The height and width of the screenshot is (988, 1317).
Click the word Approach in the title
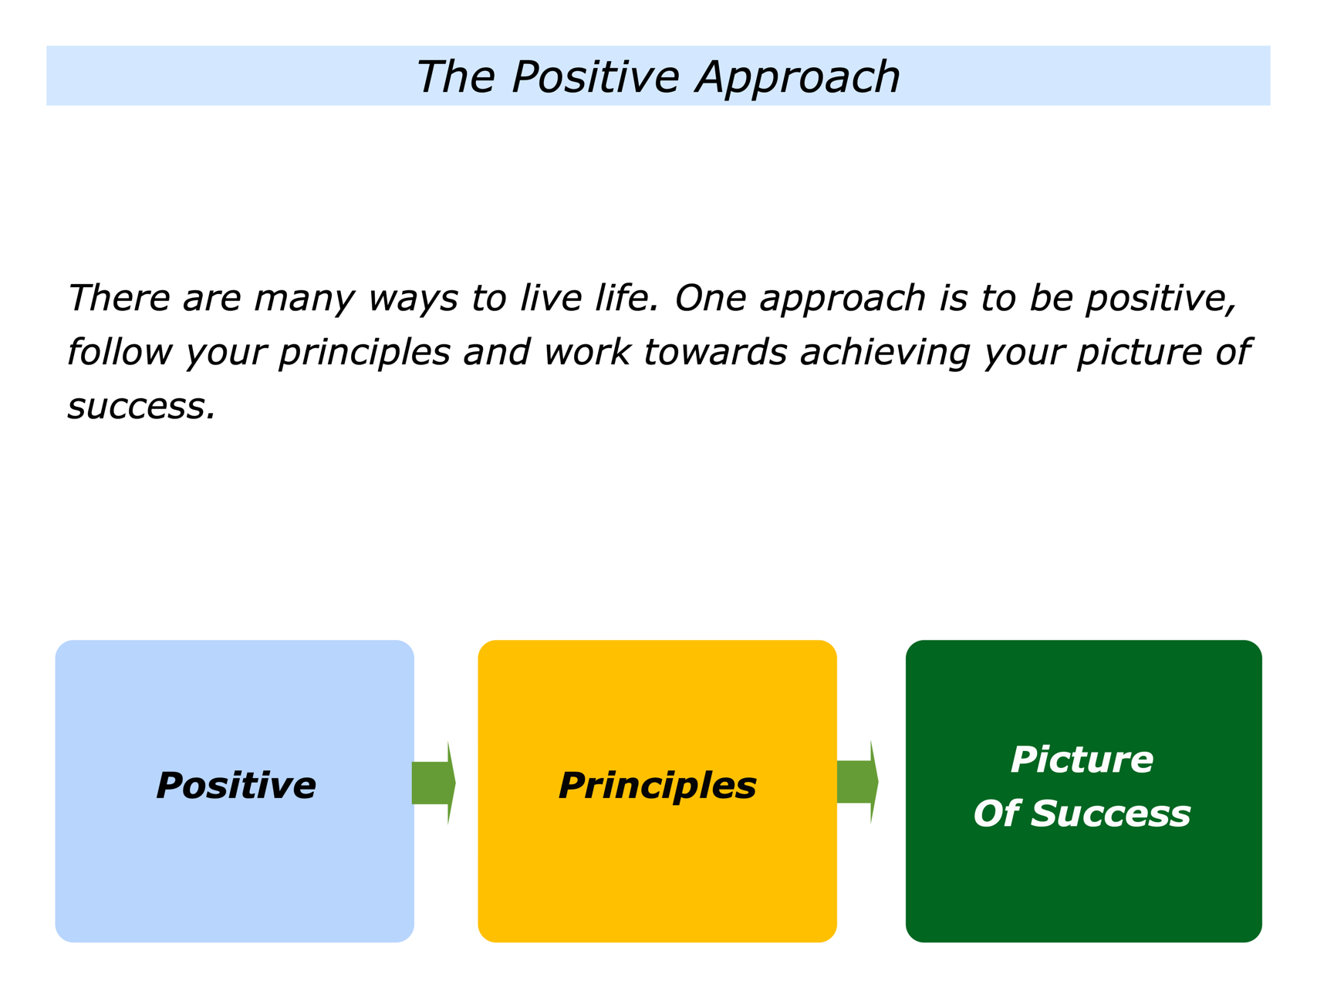pos(798,78)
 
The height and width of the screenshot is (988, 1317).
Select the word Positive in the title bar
pos(595,76)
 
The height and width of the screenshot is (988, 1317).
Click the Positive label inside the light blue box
pos(236,786)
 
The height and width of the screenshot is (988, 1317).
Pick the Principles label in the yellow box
pos(657,787)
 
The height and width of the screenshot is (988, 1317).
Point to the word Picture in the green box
pos(1082,760)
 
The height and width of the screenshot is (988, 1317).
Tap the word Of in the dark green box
pos(996,814)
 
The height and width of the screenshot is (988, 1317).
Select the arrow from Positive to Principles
pos(434,783)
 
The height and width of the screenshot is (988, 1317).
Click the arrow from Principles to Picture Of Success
pos(858,782)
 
